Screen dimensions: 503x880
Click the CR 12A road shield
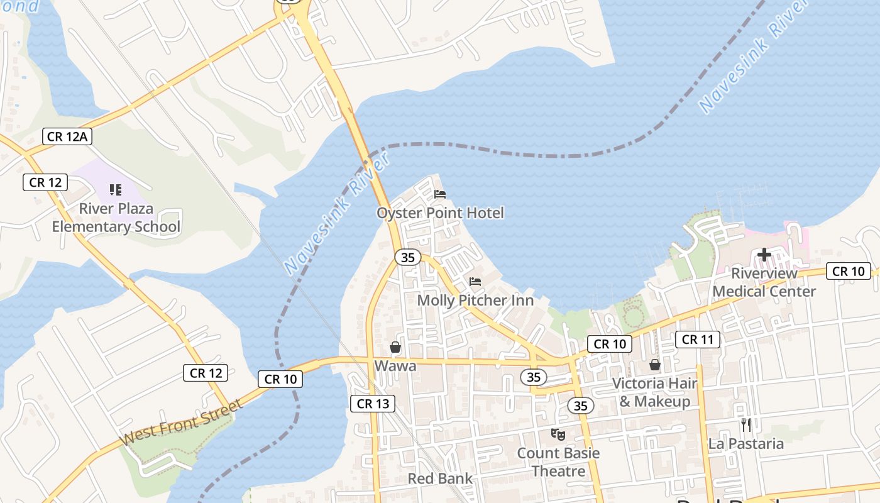point(68,136)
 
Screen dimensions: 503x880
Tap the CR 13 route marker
point(373,404)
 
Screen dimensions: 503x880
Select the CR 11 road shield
point(698,340)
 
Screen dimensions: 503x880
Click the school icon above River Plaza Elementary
point(116,189)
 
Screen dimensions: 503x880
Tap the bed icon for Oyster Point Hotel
point(440,194)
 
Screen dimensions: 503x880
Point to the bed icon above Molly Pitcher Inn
point(475,282)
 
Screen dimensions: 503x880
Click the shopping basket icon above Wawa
point(395,347)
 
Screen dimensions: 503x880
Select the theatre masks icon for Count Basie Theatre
point(558,434)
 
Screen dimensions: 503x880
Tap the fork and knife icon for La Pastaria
point(746,425)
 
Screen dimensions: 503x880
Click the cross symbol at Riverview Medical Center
point(764,255)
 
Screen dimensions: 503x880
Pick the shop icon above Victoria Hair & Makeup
point(655,365)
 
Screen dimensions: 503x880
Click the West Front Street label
point(181,422)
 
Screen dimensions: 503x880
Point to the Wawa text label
point(395,365)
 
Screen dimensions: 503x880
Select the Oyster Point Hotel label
point(440,213)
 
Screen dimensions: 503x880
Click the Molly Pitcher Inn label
point(475,301)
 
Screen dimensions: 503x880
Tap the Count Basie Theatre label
point(558,462)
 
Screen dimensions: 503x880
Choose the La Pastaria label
point(746,444)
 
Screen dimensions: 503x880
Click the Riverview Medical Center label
point(764,282)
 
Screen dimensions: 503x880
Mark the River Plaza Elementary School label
point(116,218)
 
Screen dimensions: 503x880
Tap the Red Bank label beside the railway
point(440,478)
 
